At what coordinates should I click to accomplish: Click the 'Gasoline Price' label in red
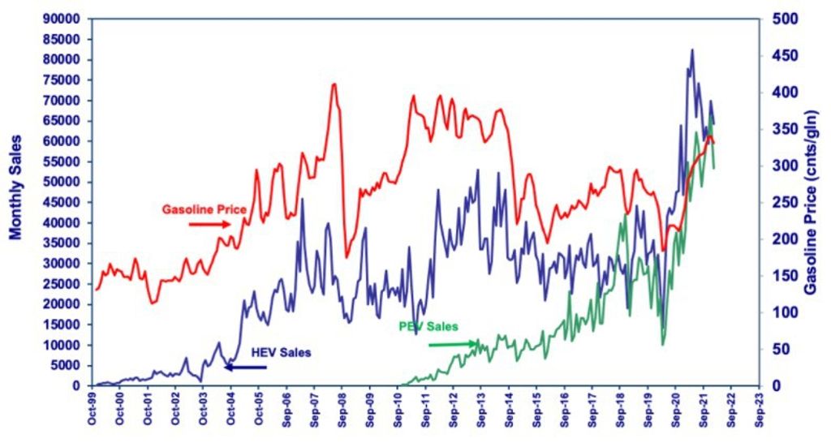(204, 209)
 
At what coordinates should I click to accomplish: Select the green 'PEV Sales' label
(428, 326)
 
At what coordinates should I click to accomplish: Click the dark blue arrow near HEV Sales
(245, 367)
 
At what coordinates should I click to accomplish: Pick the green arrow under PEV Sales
(452, 345)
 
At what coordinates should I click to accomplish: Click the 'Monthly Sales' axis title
(15, 186)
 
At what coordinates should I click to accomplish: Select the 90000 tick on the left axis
(67, 19)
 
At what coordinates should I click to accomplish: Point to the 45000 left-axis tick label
(67, 202)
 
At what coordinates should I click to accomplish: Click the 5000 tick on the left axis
(71, 365)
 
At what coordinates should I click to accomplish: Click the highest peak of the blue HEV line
(691, 50)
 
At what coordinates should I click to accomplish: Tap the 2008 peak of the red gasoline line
(334, 84)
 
